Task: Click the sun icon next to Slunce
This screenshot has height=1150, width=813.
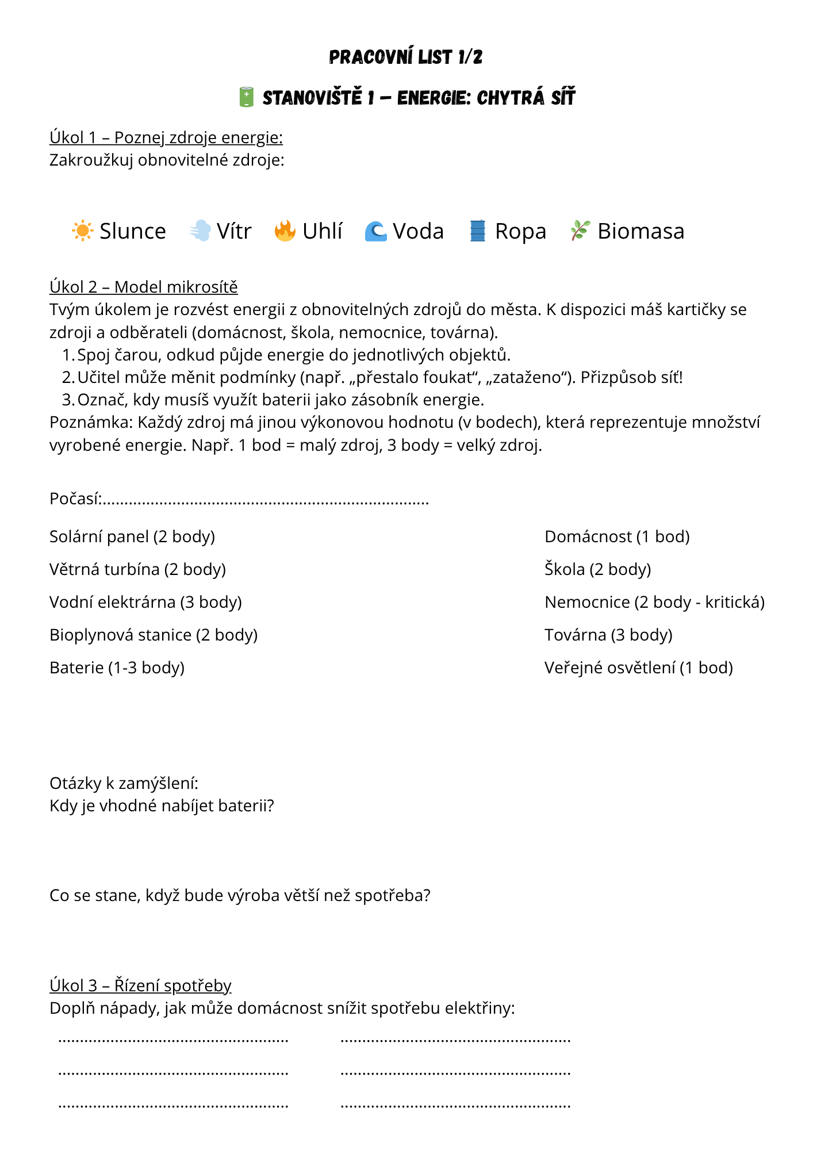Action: pyautogui.click(x=82, y=231)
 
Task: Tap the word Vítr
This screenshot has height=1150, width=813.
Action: pyautogui.click(x=234, y=231)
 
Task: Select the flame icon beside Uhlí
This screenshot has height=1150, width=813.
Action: pyautogui.click(x=285, y=231)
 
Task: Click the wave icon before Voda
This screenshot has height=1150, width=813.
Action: pyautogui.click(x=375, y=231)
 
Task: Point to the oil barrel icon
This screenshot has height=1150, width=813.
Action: pyautogui.click(x=477, y=231)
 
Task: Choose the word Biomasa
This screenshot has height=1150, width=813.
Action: pyautogui.click(x=641, y=231)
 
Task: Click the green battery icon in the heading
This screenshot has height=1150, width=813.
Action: pyautogui.click(x=246, y=97)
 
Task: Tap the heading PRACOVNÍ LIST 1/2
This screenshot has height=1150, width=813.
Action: pyautogui.click(x=406, y=57)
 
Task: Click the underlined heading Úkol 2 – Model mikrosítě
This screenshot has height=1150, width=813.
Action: pyautogui.click(x=143, y=286)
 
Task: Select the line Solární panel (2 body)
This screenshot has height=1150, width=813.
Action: pyautogui.click(x=132, y=536)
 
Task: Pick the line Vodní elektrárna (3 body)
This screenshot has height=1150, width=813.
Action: pyautogui.click(x=145, y=602)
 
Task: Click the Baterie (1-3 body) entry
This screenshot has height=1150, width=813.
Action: pyautogui.click(x=117, y=668)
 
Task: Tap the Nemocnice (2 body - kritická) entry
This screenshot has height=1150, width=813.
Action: pyautogui.click(x=654, y=602)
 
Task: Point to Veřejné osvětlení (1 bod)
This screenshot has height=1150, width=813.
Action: pyautogui.click(x=638, y=668)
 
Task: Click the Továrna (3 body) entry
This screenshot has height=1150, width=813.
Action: pyautogui.click(x=608, y=635)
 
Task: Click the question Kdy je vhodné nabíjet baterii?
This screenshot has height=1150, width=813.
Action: pyautogui.click(x=162, y=806)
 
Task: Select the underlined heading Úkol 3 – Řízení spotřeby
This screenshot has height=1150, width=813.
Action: pyautogui.click(x=140, y=985)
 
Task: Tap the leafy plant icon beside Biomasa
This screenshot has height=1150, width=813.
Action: pyautogui.click(x=580, y=231)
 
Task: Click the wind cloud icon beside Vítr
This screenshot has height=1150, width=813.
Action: pyautogui.click(x=200, y=231)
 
